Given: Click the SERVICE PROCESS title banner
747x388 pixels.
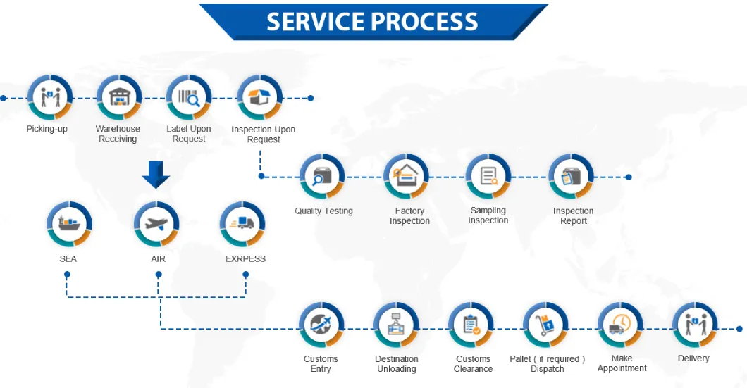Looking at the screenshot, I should (373, 21).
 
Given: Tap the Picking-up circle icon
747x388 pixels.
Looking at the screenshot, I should (49, 98).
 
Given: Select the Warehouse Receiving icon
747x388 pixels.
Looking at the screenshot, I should (118, 98).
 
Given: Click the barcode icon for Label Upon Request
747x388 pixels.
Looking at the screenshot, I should (189, 98).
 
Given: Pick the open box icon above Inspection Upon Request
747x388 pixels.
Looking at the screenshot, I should (260, 98).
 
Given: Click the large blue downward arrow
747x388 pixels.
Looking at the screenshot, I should (156, 174).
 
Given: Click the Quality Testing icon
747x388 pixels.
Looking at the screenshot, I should (322, 177).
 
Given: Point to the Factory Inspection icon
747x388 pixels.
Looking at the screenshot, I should (407, 177).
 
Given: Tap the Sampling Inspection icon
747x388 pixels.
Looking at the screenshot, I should (488, 176).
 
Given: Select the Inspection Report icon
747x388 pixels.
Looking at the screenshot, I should (572, 177).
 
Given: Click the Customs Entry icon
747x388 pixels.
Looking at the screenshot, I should (322, 325).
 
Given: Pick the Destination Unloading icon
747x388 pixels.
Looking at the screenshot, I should (397, 325).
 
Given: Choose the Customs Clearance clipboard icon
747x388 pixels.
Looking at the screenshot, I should (471, 325).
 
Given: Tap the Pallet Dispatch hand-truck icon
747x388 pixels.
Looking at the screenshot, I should (546, 325).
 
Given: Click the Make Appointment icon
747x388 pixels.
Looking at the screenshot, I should (620, 325).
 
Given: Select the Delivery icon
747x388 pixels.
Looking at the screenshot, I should (695, 325).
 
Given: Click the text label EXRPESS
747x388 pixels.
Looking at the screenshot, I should (245, 259).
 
